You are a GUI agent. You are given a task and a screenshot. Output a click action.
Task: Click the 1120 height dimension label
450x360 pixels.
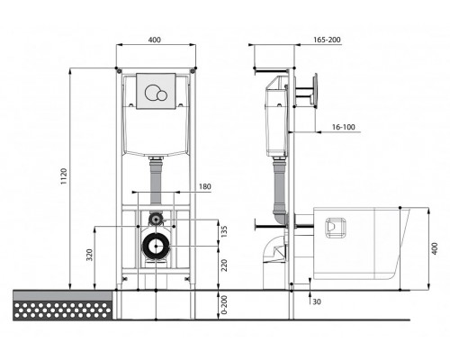click(x=64, y=176)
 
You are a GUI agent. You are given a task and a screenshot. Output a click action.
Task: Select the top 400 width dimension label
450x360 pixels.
click(x=155, y=40)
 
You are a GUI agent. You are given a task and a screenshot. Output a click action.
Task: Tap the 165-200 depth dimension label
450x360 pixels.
click(x=327, y=40)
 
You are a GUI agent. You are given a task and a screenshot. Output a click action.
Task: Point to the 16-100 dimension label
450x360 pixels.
click(x=343, y=127)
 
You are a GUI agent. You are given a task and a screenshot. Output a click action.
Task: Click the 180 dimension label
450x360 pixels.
click(x=205, y=186)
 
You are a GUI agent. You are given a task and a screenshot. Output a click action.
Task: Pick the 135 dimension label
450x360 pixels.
click(x=224, y=231)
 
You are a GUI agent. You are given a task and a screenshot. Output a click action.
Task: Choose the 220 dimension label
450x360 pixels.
click(x=224, y=265)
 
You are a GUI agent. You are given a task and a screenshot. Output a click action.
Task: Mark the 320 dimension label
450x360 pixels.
click(x=90, y=255)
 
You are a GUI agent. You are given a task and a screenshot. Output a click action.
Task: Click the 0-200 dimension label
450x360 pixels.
click(x=224, y=305)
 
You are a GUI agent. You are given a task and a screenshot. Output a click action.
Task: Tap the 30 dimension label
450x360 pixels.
click(x=317, y=301)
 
